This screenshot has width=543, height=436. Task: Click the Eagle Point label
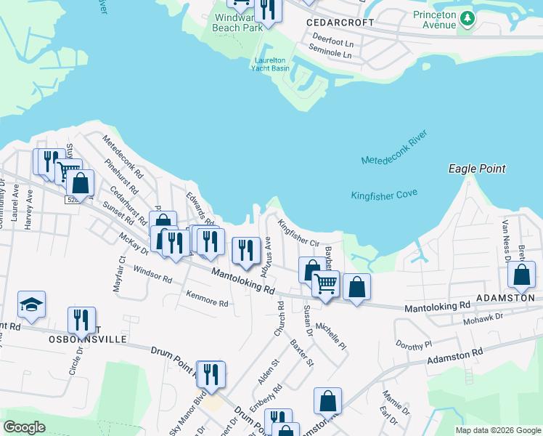click(x=476, y=169)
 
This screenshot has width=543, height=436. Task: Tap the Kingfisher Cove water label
click(x=384, y=195)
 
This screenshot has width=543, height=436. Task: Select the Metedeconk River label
click(x=395, y=150)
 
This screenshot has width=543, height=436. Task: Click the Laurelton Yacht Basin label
click(x=270, y=64)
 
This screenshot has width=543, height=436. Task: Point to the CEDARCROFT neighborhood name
click(x=340, y=23)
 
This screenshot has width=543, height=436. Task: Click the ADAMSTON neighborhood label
click(x=505, y=298)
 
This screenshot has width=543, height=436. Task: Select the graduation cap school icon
click(x=31, y=304)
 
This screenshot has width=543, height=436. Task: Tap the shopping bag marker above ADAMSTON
click(x=521, y=275)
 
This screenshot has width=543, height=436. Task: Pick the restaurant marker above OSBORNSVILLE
click(x=81, y=320)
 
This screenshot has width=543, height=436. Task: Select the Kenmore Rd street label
click(x=207, y=299)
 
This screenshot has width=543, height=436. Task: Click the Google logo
click(x=25, y=427)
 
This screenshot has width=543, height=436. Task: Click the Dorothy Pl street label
click(x=413, y=343)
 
